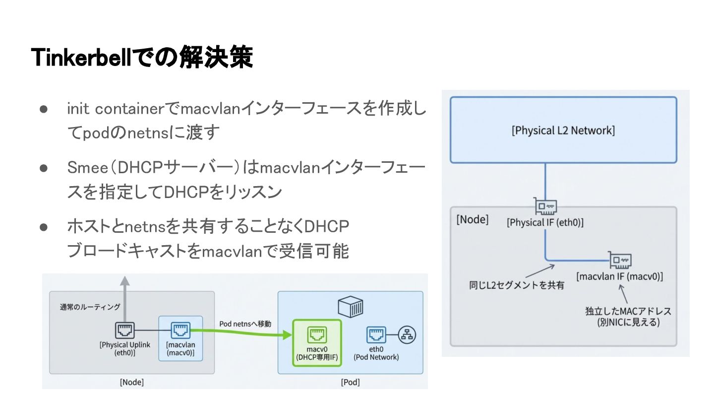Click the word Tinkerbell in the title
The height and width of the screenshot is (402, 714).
tap(81, 58)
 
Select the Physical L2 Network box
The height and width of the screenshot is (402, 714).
tap(563, 130)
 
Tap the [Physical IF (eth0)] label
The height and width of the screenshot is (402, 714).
tap(545, 222)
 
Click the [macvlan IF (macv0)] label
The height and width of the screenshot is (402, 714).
tap(619, 276)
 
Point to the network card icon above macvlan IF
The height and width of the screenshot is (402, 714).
tap(620, 261)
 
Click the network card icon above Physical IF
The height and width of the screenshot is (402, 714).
tap(545, 206)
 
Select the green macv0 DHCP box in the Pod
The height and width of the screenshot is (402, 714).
tap(317, 342)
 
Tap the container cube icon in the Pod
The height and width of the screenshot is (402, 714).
tap(350, 306)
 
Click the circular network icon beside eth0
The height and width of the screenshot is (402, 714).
tap(407, 335)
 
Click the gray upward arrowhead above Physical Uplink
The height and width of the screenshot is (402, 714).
tap(124, 281)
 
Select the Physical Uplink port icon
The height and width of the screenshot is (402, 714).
tap(124, 330)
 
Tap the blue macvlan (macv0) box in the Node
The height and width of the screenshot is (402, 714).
tap(180, 338)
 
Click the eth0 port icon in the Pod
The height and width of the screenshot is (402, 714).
tap(376, 335)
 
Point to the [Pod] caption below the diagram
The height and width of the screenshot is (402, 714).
tap(350, 382)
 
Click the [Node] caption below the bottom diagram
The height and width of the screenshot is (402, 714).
tap(132, 382)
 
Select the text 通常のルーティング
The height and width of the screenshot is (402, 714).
tap(90, 307)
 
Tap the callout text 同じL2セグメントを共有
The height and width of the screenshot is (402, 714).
tap(516, 285)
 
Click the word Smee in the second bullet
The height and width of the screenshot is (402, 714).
tap(88, 168)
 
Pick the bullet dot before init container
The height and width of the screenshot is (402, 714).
tap(43, 109)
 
